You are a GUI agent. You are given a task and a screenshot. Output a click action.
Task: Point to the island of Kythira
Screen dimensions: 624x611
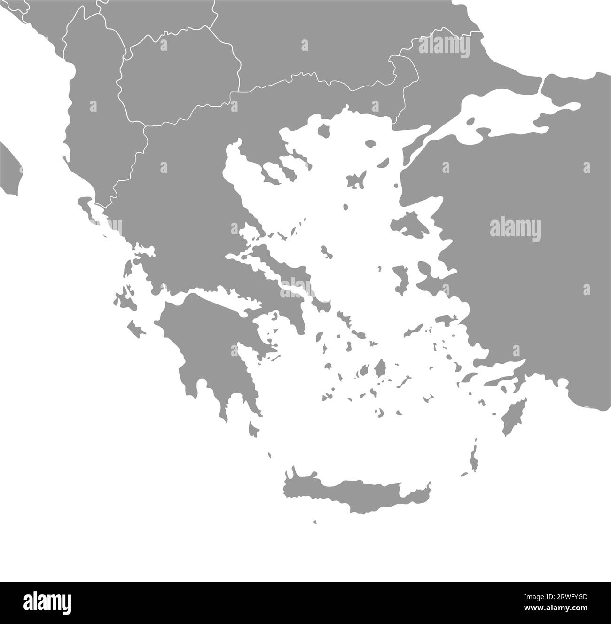pyautogui.click(x=254, y=429)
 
